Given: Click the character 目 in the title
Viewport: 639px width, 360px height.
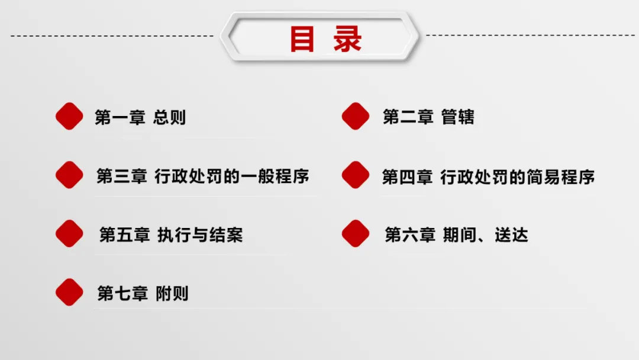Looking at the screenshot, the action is pyautogui.click(x=302, y=38).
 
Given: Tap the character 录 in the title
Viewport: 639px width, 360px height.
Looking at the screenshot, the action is pyautogui.click(x=347, y=38).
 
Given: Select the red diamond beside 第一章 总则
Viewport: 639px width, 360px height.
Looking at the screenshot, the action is pyautogui.click(x=69, y=116).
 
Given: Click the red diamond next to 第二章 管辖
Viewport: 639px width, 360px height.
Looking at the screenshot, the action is pyautogui.click(x=356, y=116).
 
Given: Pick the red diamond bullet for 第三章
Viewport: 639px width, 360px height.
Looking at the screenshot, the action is pyautogui.click(x=69, y=175).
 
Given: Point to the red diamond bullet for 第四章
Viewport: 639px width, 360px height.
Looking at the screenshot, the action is pyautogui.click(x=356, y=175).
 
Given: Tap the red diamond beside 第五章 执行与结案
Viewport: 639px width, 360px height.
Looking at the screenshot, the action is pyautogui.click(x=69, y=234).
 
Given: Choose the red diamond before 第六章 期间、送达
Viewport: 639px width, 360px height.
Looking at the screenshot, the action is pyautogui.click(x=356, y=234).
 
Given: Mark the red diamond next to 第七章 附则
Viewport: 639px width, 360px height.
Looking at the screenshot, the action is pyautogui.click(x=69, y=292).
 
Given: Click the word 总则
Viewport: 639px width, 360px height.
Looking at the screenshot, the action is pyautogui.click(x=170, y=117).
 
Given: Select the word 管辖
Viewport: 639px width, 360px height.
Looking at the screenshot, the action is pyautogui.click(x=457, y=117).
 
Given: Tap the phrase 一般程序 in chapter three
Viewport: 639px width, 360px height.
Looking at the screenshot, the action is pyautogui.click(x=275, y=176).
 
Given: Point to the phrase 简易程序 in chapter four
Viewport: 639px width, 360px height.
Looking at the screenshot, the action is pyautogui.click(x=561, y=177).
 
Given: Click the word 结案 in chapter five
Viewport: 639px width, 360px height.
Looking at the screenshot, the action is pyautogui.click(x=226, y=235).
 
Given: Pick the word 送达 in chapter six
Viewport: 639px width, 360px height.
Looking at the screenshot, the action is pyautogui.click(x=511, y=235).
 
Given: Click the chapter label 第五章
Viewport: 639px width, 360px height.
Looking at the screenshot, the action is pyautogui.click(x=125, y=235).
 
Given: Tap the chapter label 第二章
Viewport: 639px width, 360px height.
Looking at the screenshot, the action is pyautogui.click(x=408, y=117).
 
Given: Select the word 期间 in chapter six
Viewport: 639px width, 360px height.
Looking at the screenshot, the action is pyautogui.click(x=460, y=235).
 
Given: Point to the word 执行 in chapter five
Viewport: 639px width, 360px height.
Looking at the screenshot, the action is pyautogui.click(x=174, y=235).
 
